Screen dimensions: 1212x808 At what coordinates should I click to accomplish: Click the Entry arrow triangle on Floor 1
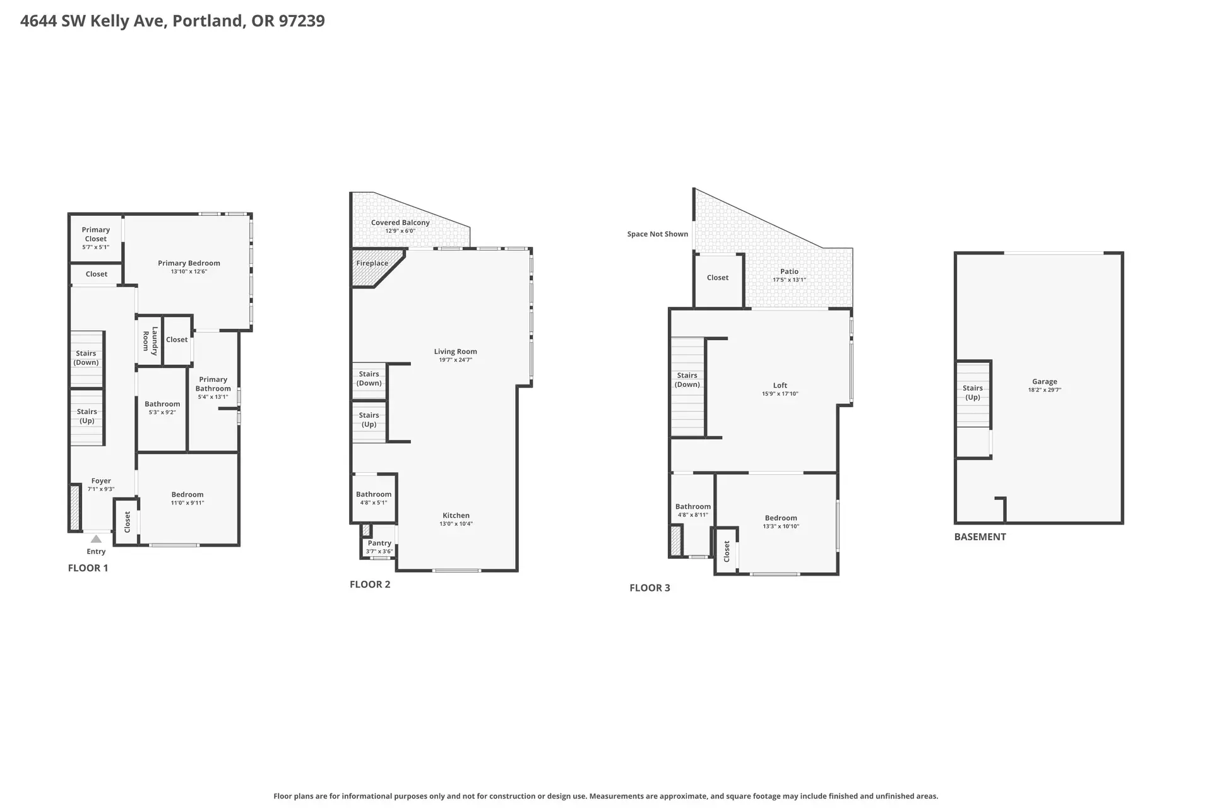(x=96, y=539)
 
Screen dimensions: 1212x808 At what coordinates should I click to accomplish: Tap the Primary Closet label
(x=96, y=234)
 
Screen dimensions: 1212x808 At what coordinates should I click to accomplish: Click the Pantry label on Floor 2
(x=379, y=543)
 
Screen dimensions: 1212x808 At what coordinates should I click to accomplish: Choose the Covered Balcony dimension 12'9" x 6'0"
(x=400, y=231)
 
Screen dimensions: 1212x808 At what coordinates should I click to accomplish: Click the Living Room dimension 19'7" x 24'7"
(x=456, y=360)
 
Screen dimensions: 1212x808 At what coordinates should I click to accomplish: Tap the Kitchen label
(x=456, y=515)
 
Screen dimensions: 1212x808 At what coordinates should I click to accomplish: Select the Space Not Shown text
(x=658, y=234)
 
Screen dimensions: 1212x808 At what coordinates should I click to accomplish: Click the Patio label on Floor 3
(x=789, y=271)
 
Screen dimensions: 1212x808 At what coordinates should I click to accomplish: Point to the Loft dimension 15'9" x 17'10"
(x=780, y=394)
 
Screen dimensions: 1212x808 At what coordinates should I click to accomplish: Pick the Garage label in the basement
(x=1045, y=381)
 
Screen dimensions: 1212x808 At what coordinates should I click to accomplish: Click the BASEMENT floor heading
(x=980, y=537)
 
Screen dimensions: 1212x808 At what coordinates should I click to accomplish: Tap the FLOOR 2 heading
(x=370, y=585)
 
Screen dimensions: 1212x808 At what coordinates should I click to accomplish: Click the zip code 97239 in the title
(x=302, y=21)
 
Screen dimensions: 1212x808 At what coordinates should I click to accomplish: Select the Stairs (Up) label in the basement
(x=973, y=393)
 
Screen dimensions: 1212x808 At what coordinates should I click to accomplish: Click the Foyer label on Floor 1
(x=101, y=480)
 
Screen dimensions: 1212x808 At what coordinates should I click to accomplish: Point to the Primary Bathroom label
(x=213, y=384)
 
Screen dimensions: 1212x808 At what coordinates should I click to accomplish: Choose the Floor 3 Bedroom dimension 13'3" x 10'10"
(x=781, y=526)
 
